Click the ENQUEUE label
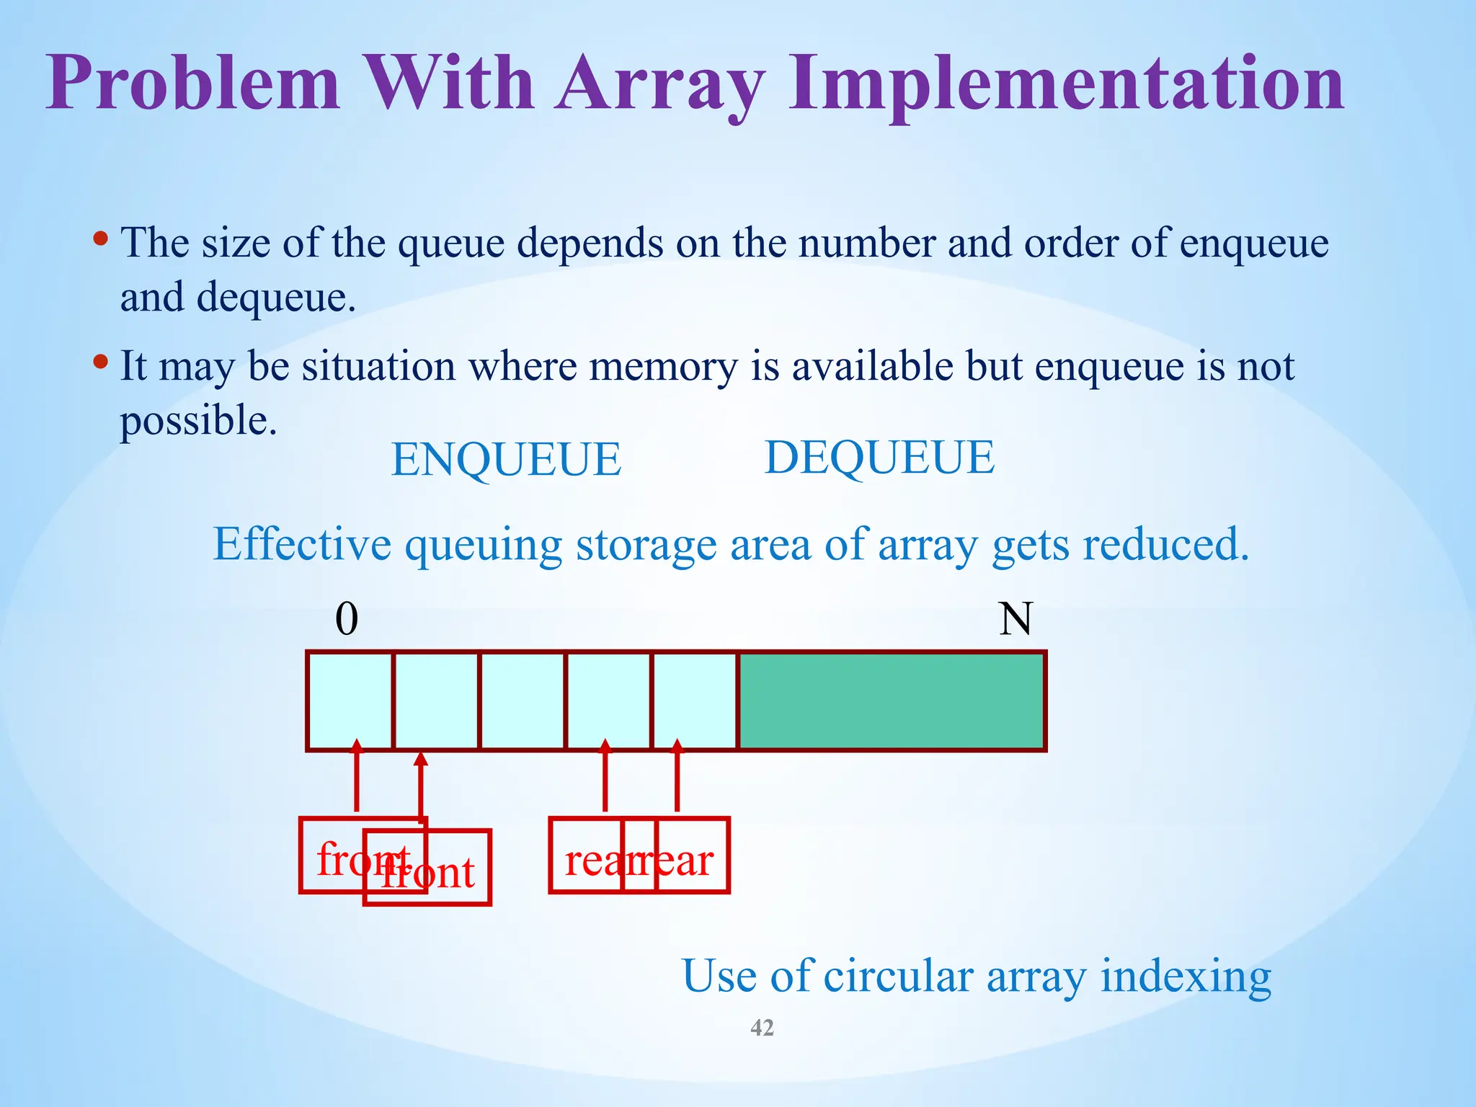(x=505, y=460)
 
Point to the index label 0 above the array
(x=347, y=619)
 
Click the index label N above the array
(x=1015, y=619)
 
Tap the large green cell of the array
(x=892, y=701)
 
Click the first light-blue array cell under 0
(x=350, y=701)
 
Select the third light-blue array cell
(x=523, y=701)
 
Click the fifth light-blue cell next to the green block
(x=695, y=701)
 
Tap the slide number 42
(x=762, y=1028)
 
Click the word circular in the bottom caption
(x=898, y=977)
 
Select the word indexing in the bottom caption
(x=1186, y=978)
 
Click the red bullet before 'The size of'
(x=102, y=237)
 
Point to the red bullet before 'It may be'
(x=102, y=360)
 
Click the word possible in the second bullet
(x=197, y=421)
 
